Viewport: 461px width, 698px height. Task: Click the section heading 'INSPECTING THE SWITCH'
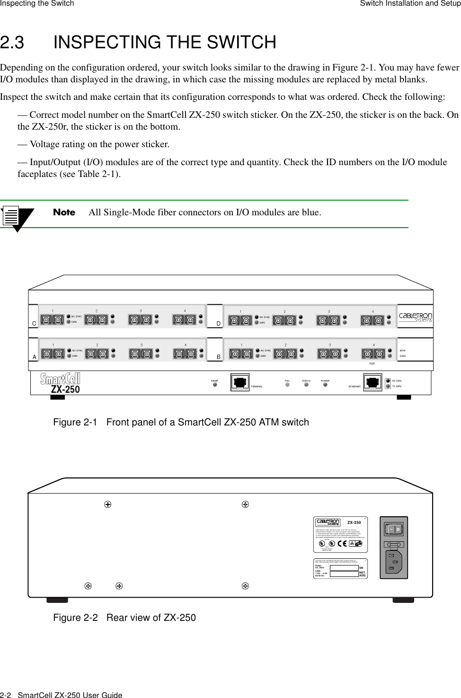pyautogui.click(x=165, y=43)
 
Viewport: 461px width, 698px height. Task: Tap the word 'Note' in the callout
pyautogui.click(x=64, y=212)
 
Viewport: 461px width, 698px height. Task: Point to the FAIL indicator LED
pyautogui.click(x=287, y=385)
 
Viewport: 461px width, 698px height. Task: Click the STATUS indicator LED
pyautogui.click(x=306, y=385)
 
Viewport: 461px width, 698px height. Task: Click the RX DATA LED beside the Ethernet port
pyautogui.click(x=388, y=380)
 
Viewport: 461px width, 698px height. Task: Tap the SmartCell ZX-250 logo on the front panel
pyautogui.click(x=61, y=384)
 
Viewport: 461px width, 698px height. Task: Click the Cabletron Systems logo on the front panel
pyautogui.click(x=416, y=317)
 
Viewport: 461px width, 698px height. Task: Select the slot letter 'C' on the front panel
pyautogui.click(x=34, y=324)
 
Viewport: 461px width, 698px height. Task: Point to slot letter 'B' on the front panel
pyautogui.click(x=219, y=357)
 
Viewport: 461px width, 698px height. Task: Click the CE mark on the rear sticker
pyautogui.click(x=355, y=544)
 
